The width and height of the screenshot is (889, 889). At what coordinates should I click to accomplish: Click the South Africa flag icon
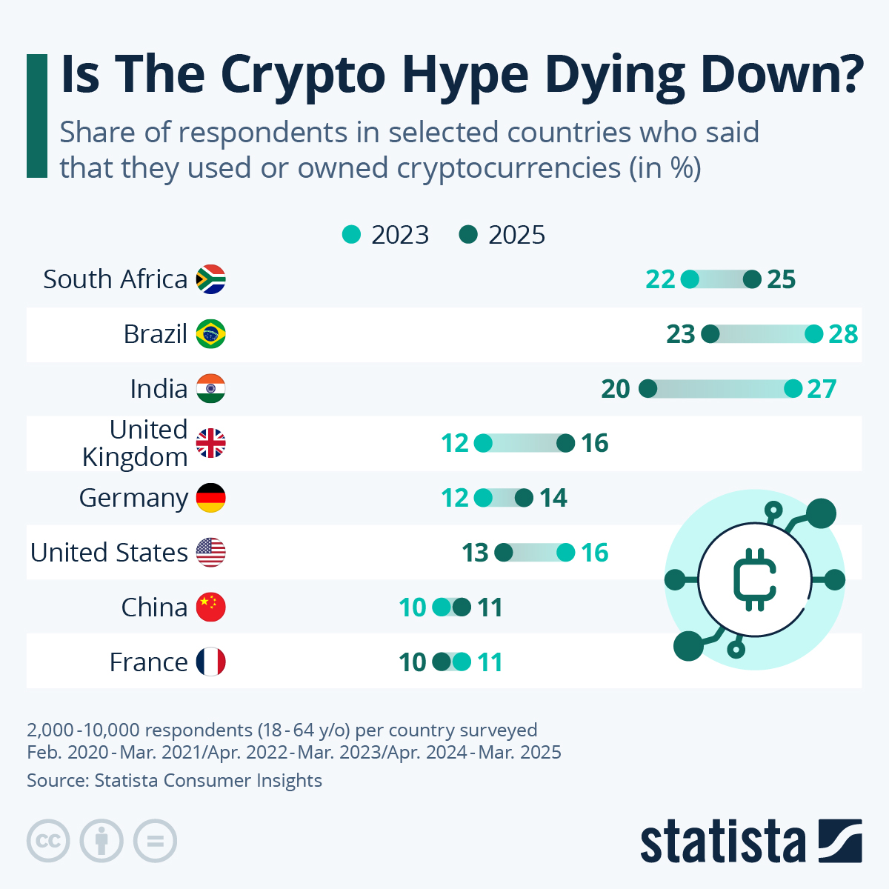[210, 279]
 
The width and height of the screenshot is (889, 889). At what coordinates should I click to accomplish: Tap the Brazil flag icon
[210, 334]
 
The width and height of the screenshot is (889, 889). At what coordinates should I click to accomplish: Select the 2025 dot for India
[647, 389]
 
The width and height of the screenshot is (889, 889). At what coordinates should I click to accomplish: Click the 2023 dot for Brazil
[813, 334]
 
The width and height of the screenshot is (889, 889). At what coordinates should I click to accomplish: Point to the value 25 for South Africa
[781, 279]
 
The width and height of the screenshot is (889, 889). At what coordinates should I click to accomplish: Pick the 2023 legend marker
[351, 235]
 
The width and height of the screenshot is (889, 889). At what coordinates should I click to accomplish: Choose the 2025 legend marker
[468, 235]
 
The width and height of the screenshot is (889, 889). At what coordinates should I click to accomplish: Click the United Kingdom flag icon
[210, 444]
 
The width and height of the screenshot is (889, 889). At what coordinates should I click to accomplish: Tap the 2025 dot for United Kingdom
[565, 444]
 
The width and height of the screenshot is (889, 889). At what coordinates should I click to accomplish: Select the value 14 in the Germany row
[553, 498]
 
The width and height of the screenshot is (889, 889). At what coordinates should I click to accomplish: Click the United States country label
[109, 553]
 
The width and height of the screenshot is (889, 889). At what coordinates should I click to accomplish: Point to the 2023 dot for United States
[565, 553]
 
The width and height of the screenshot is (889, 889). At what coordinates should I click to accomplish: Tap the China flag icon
[210, 607]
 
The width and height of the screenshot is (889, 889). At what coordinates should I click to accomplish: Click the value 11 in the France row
[489, 662]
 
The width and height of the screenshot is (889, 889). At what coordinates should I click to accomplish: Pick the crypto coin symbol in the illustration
[754, 579]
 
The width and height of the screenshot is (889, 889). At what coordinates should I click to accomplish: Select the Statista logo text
[722, 842]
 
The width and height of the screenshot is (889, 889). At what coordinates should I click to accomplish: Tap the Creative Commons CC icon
[48, 842]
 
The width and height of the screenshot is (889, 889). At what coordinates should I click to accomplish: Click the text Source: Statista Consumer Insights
[174, 780]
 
